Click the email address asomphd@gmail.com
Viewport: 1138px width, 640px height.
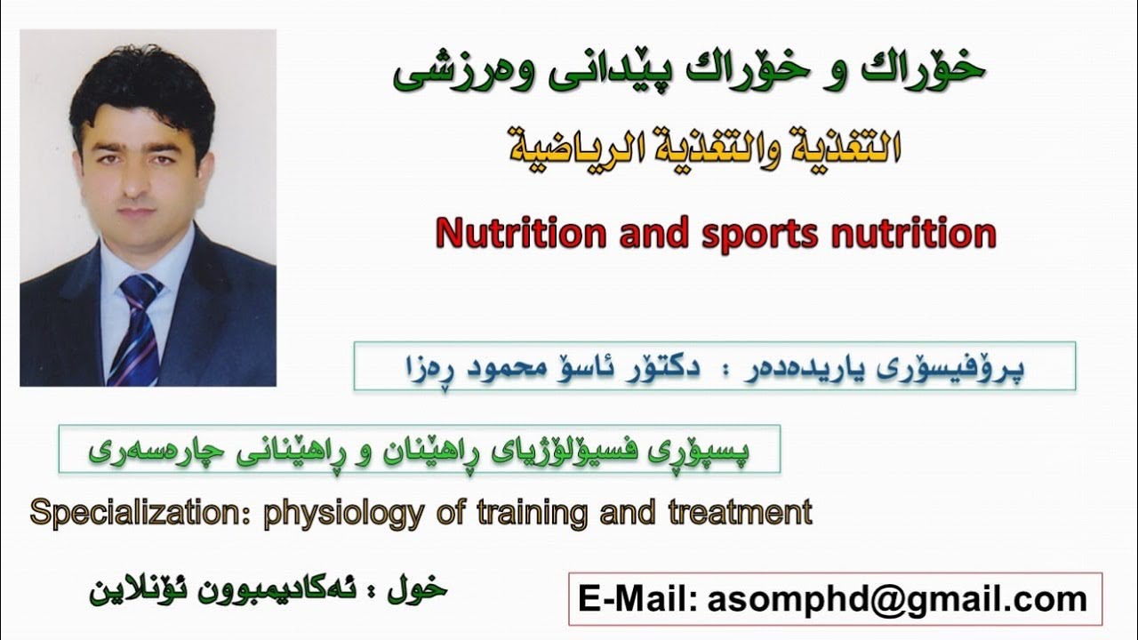pyautogui.click(x=897, y=599)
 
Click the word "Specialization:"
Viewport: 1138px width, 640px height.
pyautogui.click(x=141, y=513)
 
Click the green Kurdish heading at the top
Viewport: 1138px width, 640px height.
pyautogui.click(x=688, y=73)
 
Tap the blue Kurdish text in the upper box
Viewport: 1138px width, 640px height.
pyautogui.click(x=713, y=367)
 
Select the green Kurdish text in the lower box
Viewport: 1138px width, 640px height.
pyautogui.click(x=418, y=450)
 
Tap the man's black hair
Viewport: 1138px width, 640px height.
pyautogui.click(x=142, y=84)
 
